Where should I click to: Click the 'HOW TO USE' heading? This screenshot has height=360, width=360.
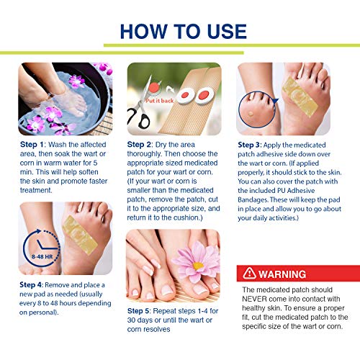[x=184, y=32]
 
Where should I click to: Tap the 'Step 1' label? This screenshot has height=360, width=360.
[x=32, y=145]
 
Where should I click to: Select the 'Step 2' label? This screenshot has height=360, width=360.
[x=140, y=145]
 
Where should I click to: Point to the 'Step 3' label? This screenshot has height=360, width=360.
[x=249, y=145]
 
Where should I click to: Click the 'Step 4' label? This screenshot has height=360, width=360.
[x=31, y=285]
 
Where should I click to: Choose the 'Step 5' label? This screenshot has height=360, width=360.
[x=139, y=311]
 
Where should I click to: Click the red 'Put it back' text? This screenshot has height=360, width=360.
[x=159, y=101]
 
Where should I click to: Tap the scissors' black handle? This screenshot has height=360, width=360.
[x=140, y=119]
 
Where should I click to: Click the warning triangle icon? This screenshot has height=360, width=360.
[x=249, y=273]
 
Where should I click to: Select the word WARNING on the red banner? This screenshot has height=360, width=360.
[x=282, y=274]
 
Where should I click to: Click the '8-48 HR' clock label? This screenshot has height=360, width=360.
[x=42, y=256]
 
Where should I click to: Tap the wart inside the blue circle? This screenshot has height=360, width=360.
[x=251, y=114]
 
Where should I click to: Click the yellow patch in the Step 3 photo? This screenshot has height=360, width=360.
[x=300, y=97]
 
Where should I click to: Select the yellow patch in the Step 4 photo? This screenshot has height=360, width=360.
[x=80, y=235]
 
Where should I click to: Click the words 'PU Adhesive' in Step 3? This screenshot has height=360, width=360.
[x=296, y=191]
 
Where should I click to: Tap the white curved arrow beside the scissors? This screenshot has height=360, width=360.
[x=171, y=90]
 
